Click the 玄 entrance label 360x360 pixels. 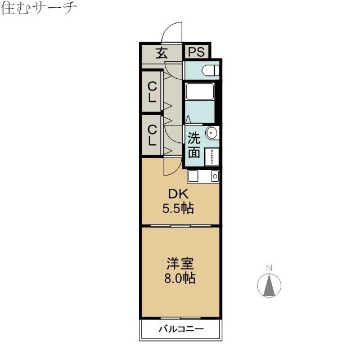pos(161,53)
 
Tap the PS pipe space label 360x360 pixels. pos(196,52)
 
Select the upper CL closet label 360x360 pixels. pos(152,91)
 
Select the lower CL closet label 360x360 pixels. pos(152,135)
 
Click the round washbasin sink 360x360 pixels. pos(212,133)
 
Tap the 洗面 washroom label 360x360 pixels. pos(194,145)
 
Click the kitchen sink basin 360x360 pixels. pos(193,176)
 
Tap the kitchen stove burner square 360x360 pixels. pos(214,176)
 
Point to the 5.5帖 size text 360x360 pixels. pos(178,209)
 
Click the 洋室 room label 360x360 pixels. pos(180,263)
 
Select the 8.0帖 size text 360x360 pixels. pos(180,277)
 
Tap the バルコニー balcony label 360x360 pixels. pos(181,329)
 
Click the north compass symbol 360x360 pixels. pos(269,286)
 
